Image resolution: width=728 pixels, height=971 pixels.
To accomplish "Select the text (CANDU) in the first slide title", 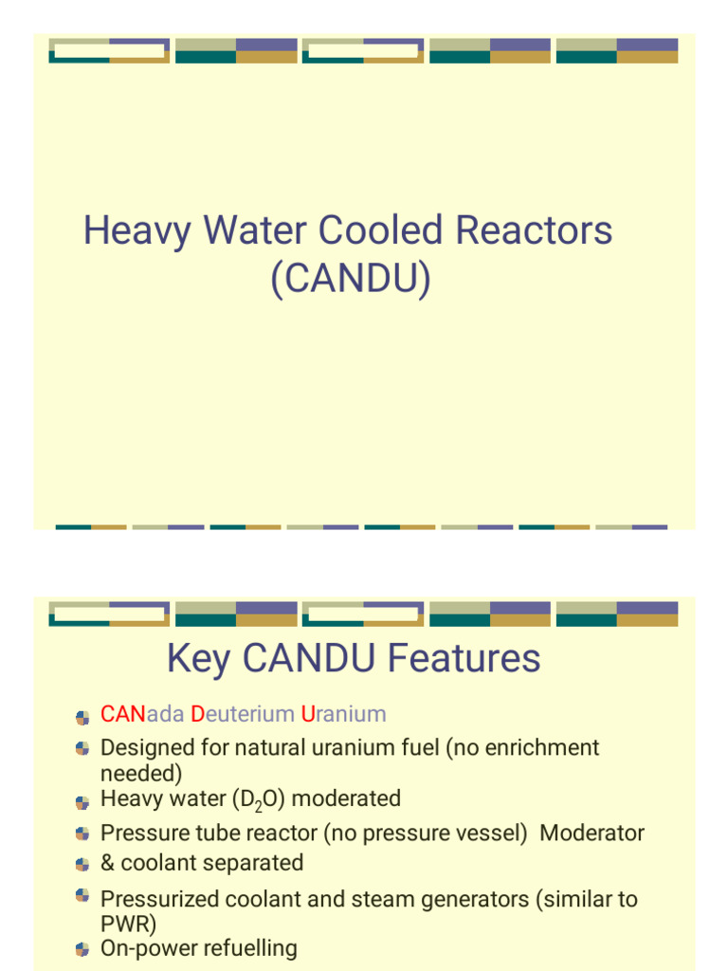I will (350, 279).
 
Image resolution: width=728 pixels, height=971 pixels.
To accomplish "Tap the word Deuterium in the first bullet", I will (243, 714).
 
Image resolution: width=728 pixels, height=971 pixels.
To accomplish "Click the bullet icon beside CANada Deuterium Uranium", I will (82, 716).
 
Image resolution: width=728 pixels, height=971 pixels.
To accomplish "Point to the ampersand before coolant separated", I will (107, 863).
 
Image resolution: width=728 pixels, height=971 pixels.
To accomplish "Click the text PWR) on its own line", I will (128, 924).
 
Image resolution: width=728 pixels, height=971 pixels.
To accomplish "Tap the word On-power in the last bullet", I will (145, 948).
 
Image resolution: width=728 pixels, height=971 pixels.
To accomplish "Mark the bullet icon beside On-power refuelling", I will (82, 949).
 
